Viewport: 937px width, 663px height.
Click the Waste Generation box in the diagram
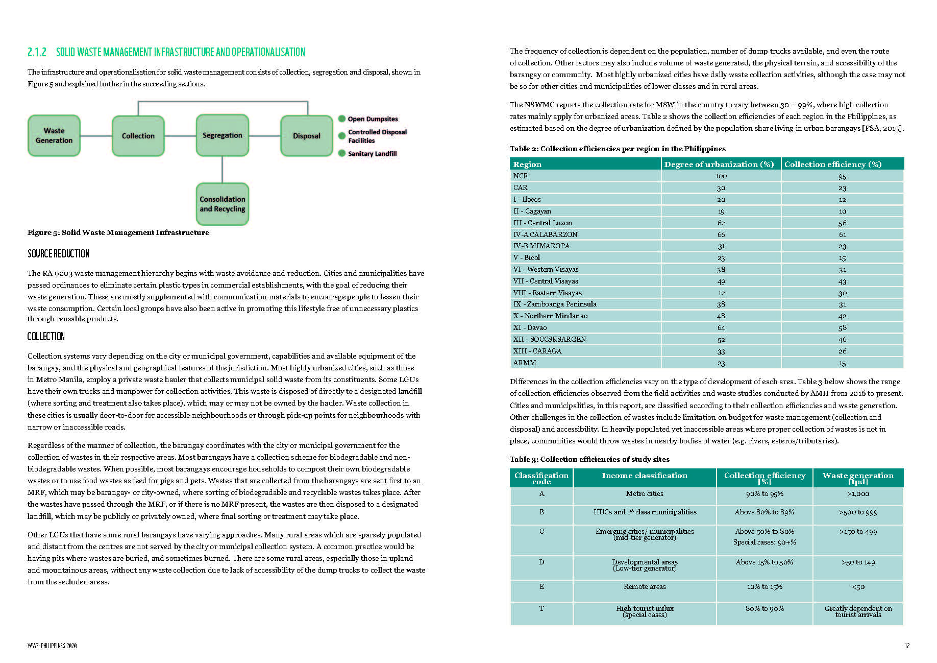point(54,136)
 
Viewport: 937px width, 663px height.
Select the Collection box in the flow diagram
point(138,136)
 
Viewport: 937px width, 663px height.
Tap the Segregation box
point(222,135)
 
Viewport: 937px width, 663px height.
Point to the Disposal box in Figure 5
point(306,136)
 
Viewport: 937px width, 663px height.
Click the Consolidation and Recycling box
point(222,204)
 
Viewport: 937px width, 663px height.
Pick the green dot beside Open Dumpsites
point(342,119)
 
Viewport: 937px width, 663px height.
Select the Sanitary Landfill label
point(372,154)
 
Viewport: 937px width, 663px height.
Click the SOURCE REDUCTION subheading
point(58,254)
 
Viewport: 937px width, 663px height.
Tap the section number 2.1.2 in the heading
point(37,52)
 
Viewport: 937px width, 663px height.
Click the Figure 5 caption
point(118,232)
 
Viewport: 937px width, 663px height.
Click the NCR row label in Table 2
point(521,176)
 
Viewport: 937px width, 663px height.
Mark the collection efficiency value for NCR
point(842,177)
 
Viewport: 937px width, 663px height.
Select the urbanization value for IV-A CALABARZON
point(721,235)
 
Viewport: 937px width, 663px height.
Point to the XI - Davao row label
point(530,328)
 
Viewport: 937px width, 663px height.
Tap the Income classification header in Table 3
point(645,476)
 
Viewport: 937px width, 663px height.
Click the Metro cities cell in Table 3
point(645,494)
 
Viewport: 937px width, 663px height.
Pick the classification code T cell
point(541,609)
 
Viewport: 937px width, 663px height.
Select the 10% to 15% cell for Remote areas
point(765,587)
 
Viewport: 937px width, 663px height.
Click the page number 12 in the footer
point(907,646)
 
